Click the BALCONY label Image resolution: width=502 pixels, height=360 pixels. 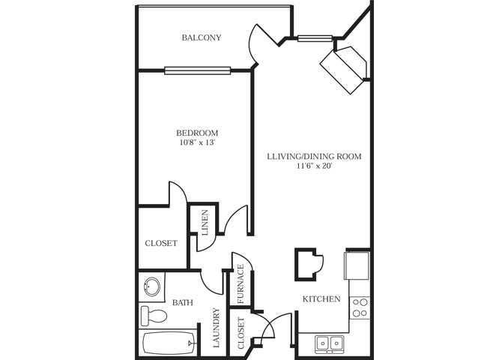point(202,37)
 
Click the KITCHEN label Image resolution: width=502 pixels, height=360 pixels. point(321,298)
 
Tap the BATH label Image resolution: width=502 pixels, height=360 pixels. point(183,303)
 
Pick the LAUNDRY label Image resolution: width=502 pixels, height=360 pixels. point(216,329)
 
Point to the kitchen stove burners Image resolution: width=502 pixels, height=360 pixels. point(360,307)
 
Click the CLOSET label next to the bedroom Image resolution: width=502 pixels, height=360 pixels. point(161,244)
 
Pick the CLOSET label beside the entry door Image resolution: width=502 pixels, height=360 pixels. point(241,333)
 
